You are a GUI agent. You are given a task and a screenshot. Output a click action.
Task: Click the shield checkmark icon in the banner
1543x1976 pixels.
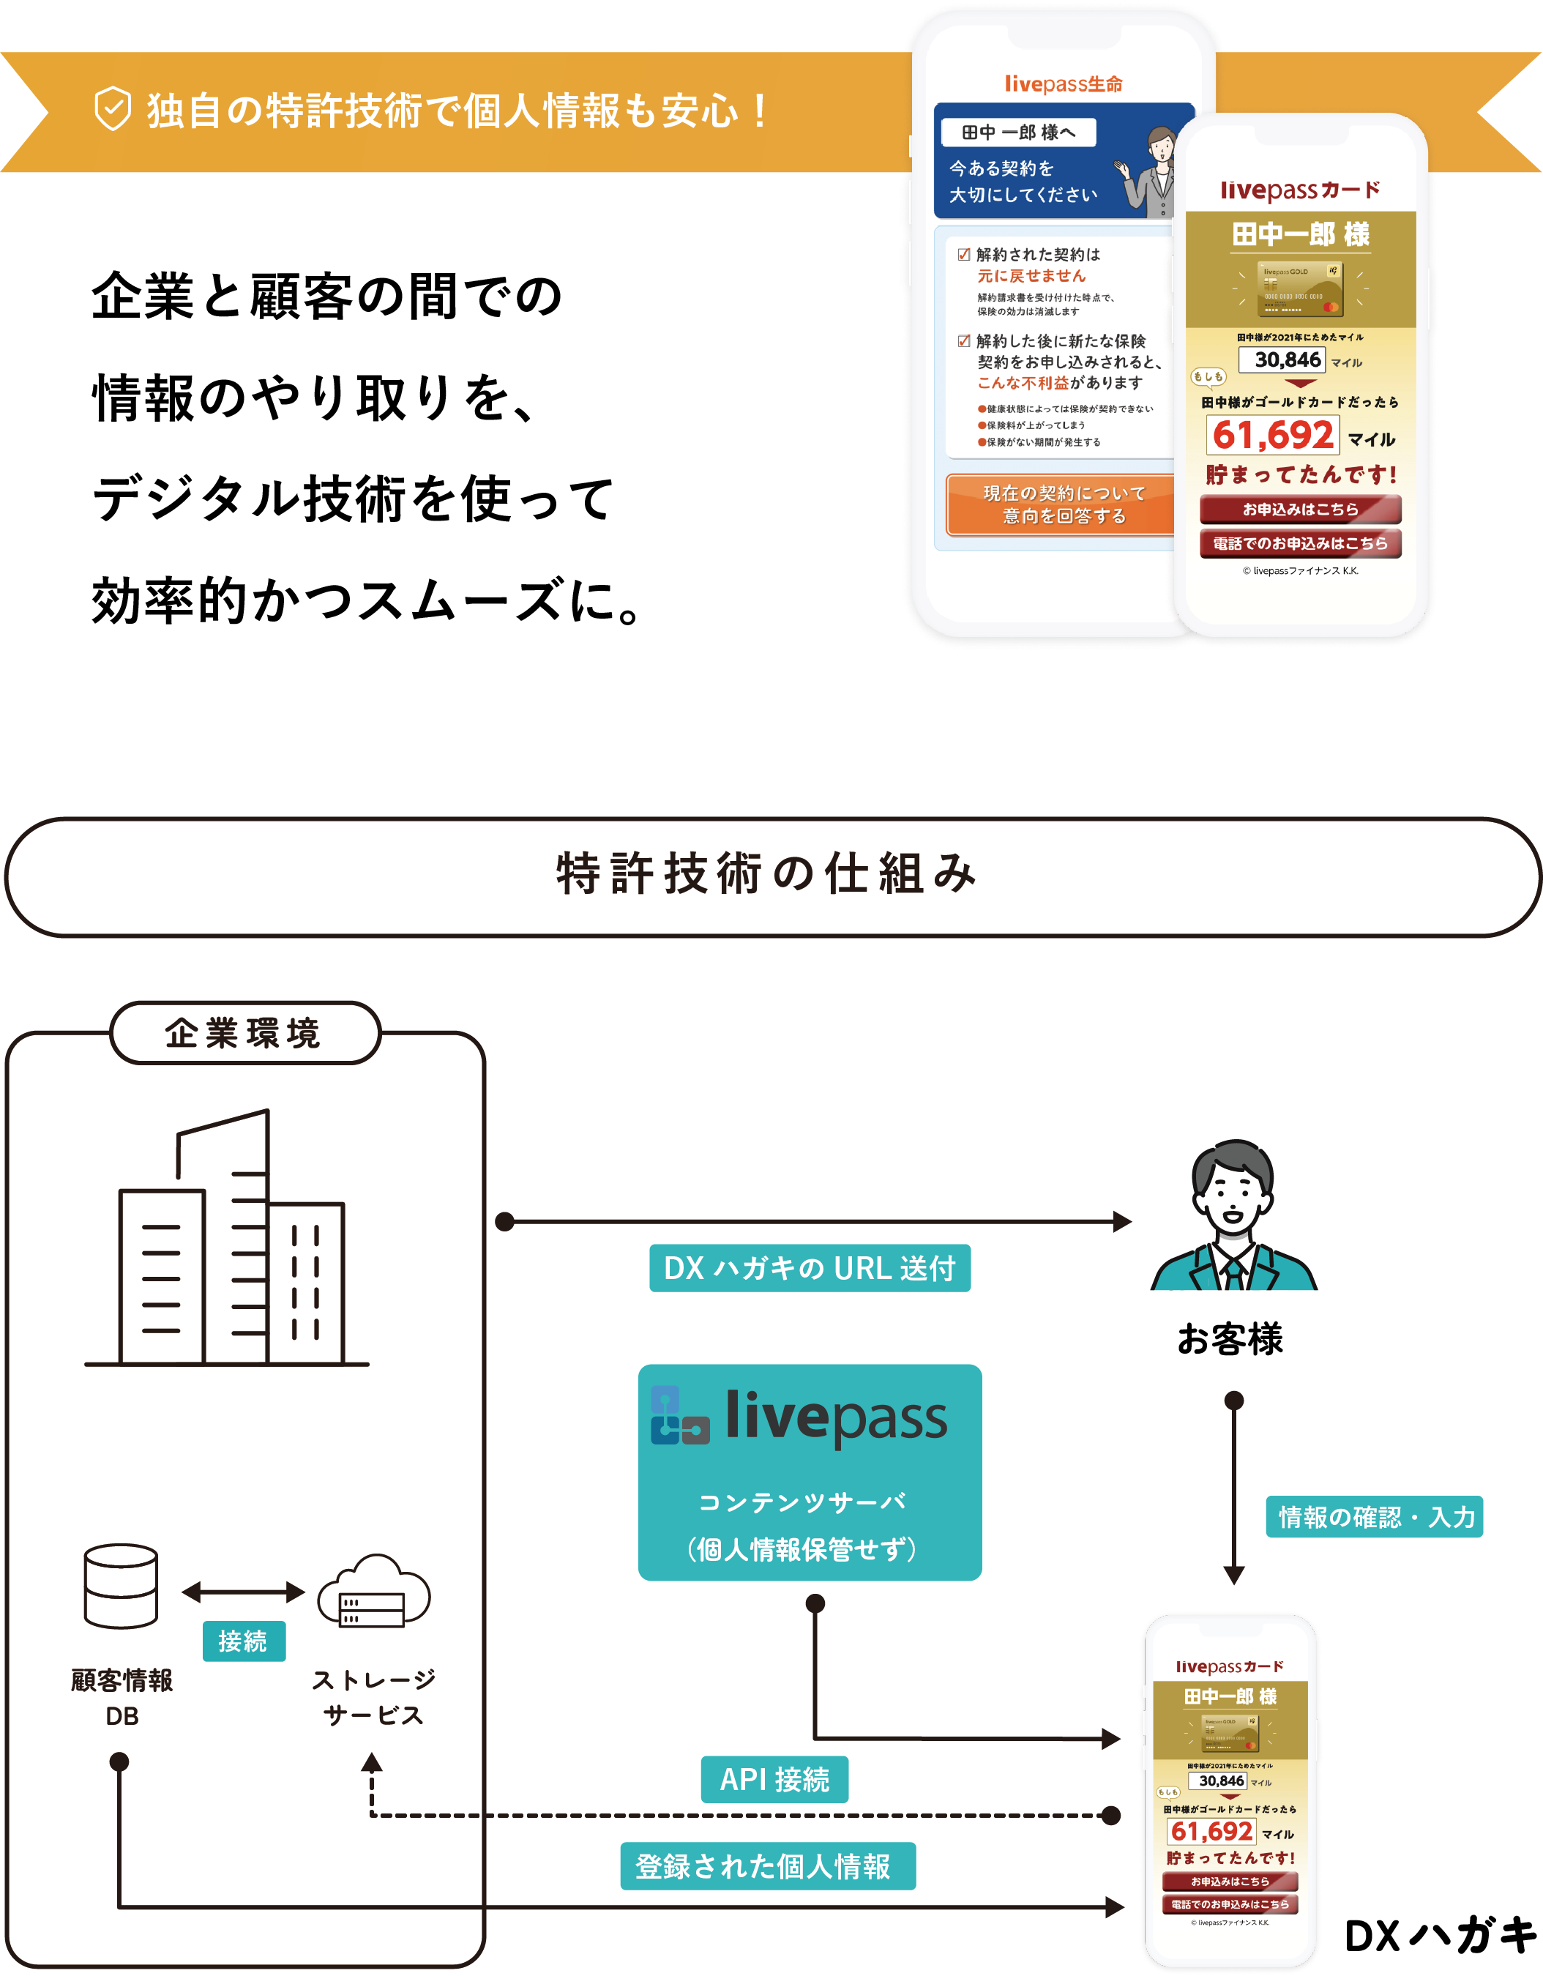(113, 110)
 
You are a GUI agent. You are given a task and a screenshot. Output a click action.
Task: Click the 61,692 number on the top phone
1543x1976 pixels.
(1273, 435)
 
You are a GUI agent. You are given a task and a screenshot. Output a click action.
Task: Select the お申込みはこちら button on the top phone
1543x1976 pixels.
(1300, 510)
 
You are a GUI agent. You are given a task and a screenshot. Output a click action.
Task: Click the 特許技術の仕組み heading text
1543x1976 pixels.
(767, 875)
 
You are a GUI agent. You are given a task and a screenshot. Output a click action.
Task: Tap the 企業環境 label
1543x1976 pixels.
(243, 1032)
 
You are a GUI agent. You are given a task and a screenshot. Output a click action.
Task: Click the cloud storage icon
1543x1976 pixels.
(373, 1592)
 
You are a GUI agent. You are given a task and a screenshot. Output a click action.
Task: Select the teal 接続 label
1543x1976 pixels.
(243, 1641)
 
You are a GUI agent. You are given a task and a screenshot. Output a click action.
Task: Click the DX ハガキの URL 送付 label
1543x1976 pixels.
(810, 1267)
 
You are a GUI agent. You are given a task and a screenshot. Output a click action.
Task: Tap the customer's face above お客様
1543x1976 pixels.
(1232, 1194)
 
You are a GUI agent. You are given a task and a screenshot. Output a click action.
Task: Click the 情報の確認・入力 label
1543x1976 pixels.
(1374, 1517)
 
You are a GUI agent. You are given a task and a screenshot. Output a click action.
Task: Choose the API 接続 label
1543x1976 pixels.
(774, 1780)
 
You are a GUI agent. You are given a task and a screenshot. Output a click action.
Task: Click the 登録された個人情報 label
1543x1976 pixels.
(767, 1866)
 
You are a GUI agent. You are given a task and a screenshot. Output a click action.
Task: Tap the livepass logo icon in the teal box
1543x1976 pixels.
(679, 1416)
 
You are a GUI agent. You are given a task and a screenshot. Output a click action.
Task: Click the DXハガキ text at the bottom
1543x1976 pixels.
(1440, 1935)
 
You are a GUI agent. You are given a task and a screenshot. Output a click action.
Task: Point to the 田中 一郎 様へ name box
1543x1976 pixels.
(1018, 132)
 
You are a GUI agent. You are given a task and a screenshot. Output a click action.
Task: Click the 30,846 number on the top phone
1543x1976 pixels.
(1287, 359)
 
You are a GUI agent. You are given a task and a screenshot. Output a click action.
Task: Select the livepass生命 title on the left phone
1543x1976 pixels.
(1064, 84)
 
